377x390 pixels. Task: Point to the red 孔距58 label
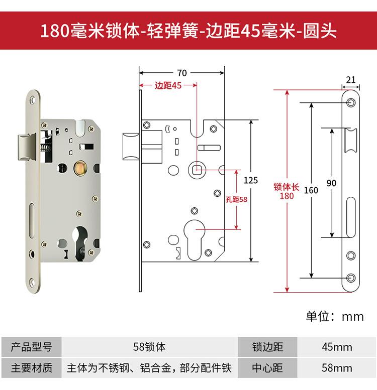[237, 199]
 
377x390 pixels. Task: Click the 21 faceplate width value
[351, 79]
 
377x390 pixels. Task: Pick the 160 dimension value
[312, 190]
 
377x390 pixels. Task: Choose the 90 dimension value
[331, 183]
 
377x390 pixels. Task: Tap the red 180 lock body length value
[287, 196]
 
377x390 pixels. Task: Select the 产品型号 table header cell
[31, 347]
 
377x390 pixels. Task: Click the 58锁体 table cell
[149, 347]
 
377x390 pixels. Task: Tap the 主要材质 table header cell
[31, 368]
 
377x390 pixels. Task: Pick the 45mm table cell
[337, 347]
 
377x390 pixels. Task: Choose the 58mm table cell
[337, 368]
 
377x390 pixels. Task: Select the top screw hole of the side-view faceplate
[351, 103]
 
